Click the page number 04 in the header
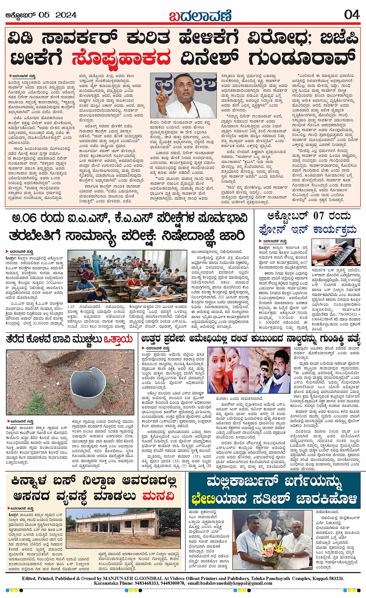[x=352, y=15]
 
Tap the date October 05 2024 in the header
[x=41, y=15]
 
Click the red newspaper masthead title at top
[x=200, y=16]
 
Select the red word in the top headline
[x=121, y=59]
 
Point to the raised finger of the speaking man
[x=160, y=86]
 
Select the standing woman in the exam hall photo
[x=95, y=264]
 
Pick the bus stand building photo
[x=113, y=531]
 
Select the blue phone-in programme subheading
[x=307, y=230]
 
